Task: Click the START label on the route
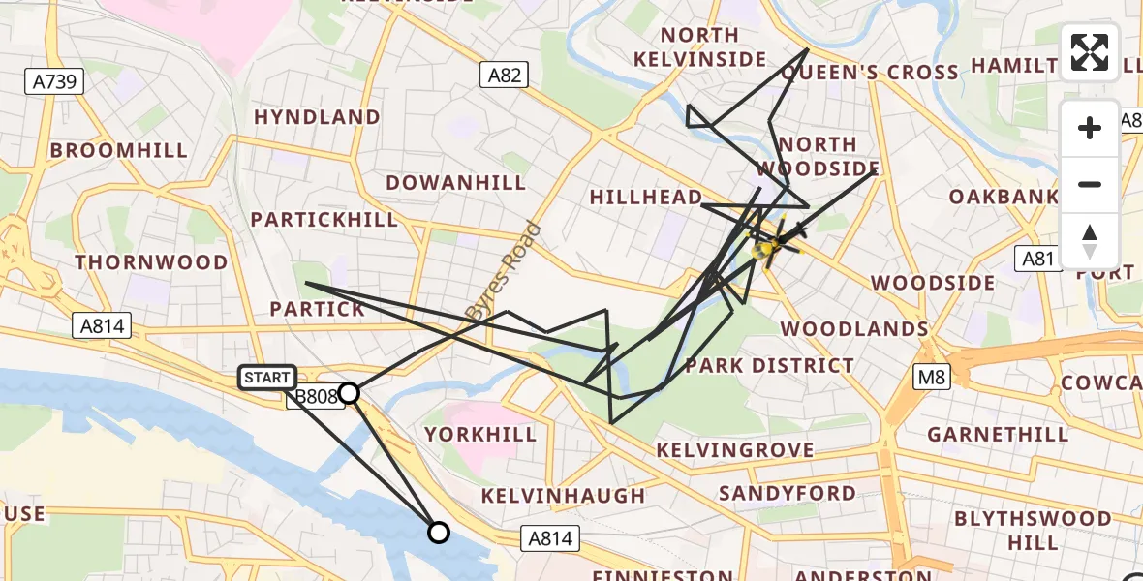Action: click(x=266, y=378)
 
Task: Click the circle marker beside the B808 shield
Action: click(x=349, y=392)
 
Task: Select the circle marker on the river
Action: click(x=439, y=532)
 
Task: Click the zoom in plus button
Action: click(x=1090, y=128)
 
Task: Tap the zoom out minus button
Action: click(x=1090, y=184)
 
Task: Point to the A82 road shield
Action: click(x=504, y=75)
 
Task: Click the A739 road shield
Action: click(x=54, y=81)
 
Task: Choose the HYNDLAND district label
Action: click(x=317, y=117)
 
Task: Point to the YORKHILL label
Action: click(x=480, y=435)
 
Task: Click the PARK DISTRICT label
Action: click(x=769, y=366)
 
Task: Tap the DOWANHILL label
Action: click(x=455, y=183)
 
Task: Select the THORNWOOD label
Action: click(x=151, y=262)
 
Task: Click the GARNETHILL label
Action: click(x=998, y=435)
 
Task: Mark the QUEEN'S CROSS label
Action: click(x=869, y=73)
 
